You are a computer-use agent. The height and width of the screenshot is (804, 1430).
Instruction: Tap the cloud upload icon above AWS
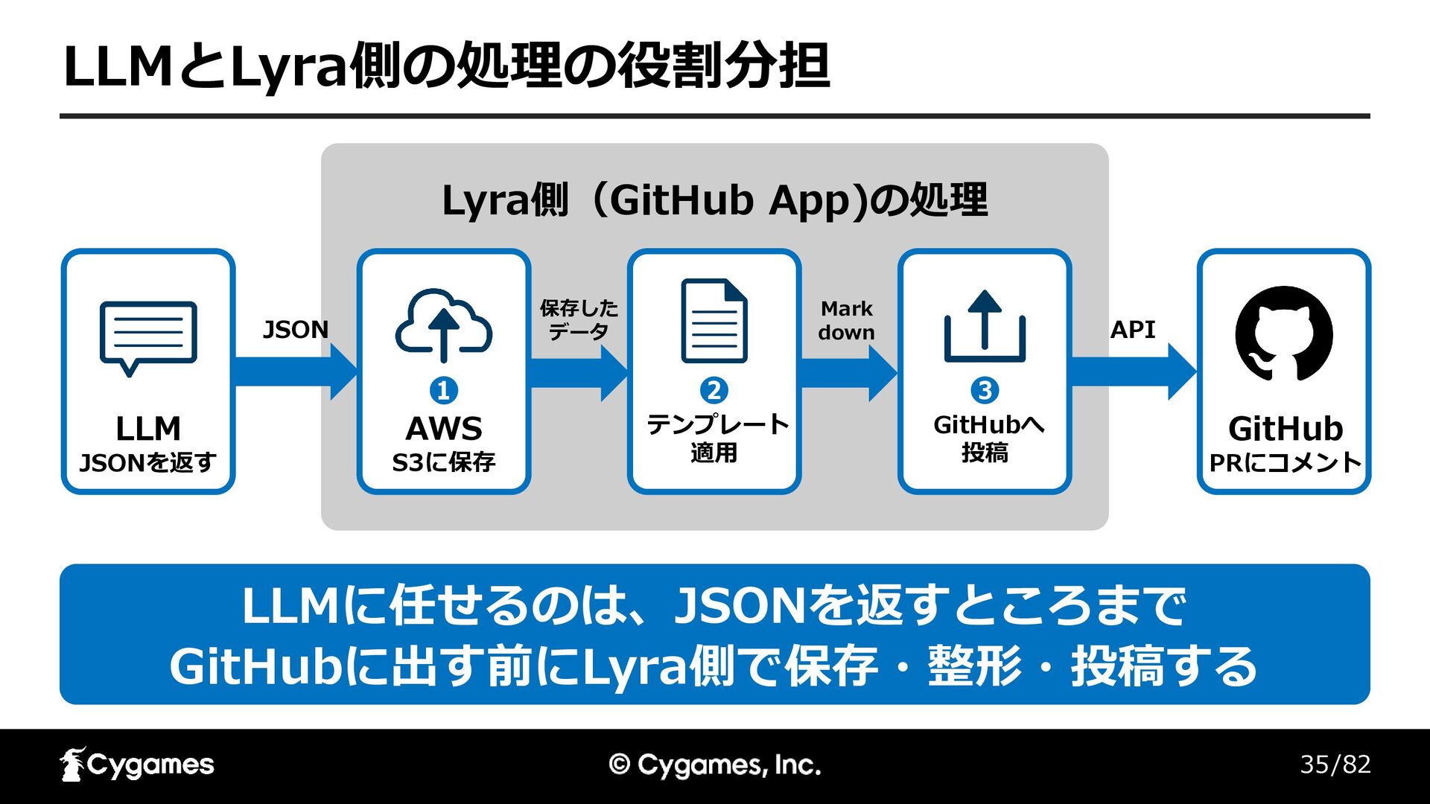[444, 326]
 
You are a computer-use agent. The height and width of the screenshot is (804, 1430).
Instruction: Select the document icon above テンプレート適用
[714, 321]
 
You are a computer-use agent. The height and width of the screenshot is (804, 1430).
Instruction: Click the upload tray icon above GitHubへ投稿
[985, 326]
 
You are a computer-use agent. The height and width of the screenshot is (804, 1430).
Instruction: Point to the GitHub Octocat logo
[1284, 334]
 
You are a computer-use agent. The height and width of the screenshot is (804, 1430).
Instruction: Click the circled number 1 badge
[444, 390]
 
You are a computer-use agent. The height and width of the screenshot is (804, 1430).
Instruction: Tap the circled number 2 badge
[714, 390]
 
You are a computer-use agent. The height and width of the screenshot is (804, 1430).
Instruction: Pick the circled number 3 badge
[985, 390]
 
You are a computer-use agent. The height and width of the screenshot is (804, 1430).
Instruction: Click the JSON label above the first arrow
[296, 329]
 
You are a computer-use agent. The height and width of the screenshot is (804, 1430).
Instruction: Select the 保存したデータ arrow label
[579, 320]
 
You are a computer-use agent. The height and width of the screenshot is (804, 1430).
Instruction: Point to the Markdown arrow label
[847, 320]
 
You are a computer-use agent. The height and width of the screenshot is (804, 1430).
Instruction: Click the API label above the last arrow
[1133, 329]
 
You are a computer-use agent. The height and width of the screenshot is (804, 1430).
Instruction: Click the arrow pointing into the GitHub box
[1134, 371]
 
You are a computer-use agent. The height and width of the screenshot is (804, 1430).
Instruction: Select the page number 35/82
[1335, 765]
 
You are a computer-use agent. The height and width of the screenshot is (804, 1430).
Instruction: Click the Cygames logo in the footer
[137, 765]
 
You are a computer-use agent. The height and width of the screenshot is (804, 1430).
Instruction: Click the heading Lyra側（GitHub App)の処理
[715, 200]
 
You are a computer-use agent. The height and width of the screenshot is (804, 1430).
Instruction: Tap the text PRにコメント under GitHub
[1285, 463]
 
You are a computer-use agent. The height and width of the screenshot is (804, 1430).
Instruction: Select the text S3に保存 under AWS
[444, 462]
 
